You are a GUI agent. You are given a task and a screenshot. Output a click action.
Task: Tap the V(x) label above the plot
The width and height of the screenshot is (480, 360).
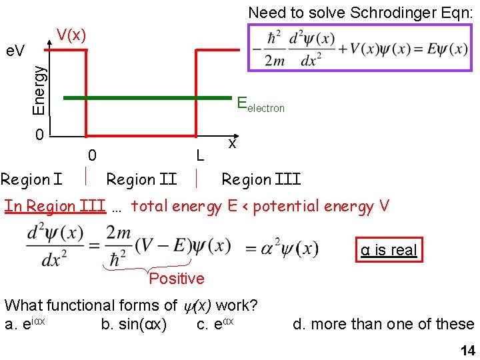pos(71,35)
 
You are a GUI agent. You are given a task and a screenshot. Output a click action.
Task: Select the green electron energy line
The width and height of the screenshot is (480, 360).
pos(147,97)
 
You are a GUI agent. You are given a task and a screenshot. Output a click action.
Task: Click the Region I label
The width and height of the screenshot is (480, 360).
pos(31,179)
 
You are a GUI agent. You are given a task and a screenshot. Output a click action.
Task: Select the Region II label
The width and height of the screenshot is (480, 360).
pos(141,179)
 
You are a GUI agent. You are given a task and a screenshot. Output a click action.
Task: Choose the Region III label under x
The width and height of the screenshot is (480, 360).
pos(261,179)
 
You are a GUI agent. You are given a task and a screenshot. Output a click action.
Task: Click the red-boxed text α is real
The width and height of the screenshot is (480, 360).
pos(389,250)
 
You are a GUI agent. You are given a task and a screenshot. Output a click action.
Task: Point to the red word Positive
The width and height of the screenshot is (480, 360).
pos(177,279)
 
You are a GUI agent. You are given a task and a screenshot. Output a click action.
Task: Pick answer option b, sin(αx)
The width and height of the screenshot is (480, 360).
pos(133,325)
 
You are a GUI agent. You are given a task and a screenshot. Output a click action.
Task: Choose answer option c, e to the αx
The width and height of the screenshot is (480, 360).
pos(215,324)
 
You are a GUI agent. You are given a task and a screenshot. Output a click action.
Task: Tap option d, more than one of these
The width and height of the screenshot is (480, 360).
pos(383,325)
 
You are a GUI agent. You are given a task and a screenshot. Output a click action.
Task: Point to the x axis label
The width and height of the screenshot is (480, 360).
pos(231,143)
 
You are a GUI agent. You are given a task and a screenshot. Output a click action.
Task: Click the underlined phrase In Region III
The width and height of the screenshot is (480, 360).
pos(55,206)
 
